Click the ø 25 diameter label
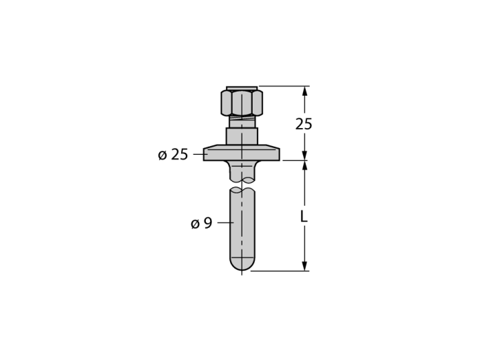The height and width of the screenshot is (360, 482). point(173,154)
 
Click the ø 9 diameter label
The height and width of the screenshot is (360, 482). point(201,223)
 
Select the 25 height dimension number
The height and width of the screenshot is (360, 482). point(304,124)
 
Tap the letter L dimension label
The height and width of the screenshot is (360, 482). point(304,217)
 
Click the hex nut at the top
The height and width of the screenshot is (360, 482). point(242,103)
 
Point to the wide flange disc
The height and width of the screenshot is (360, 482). point(242,153)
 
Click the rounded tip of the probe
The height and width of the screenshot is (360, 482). point(242,264)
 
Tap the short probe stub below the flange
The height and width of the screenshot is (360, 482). point(242,171)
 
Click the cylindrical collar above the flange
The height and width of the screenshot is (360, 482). point(242,136)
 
